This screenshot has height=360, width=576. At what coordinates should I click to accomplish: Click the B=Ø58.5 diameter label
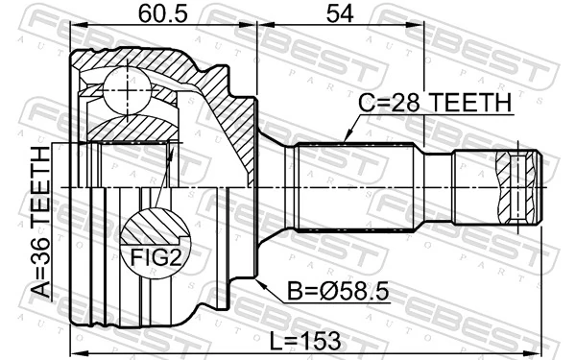(x=336, y=288)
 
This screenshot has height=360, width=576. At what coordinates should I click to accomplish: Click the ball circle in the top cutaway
(x=123, y=87)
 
